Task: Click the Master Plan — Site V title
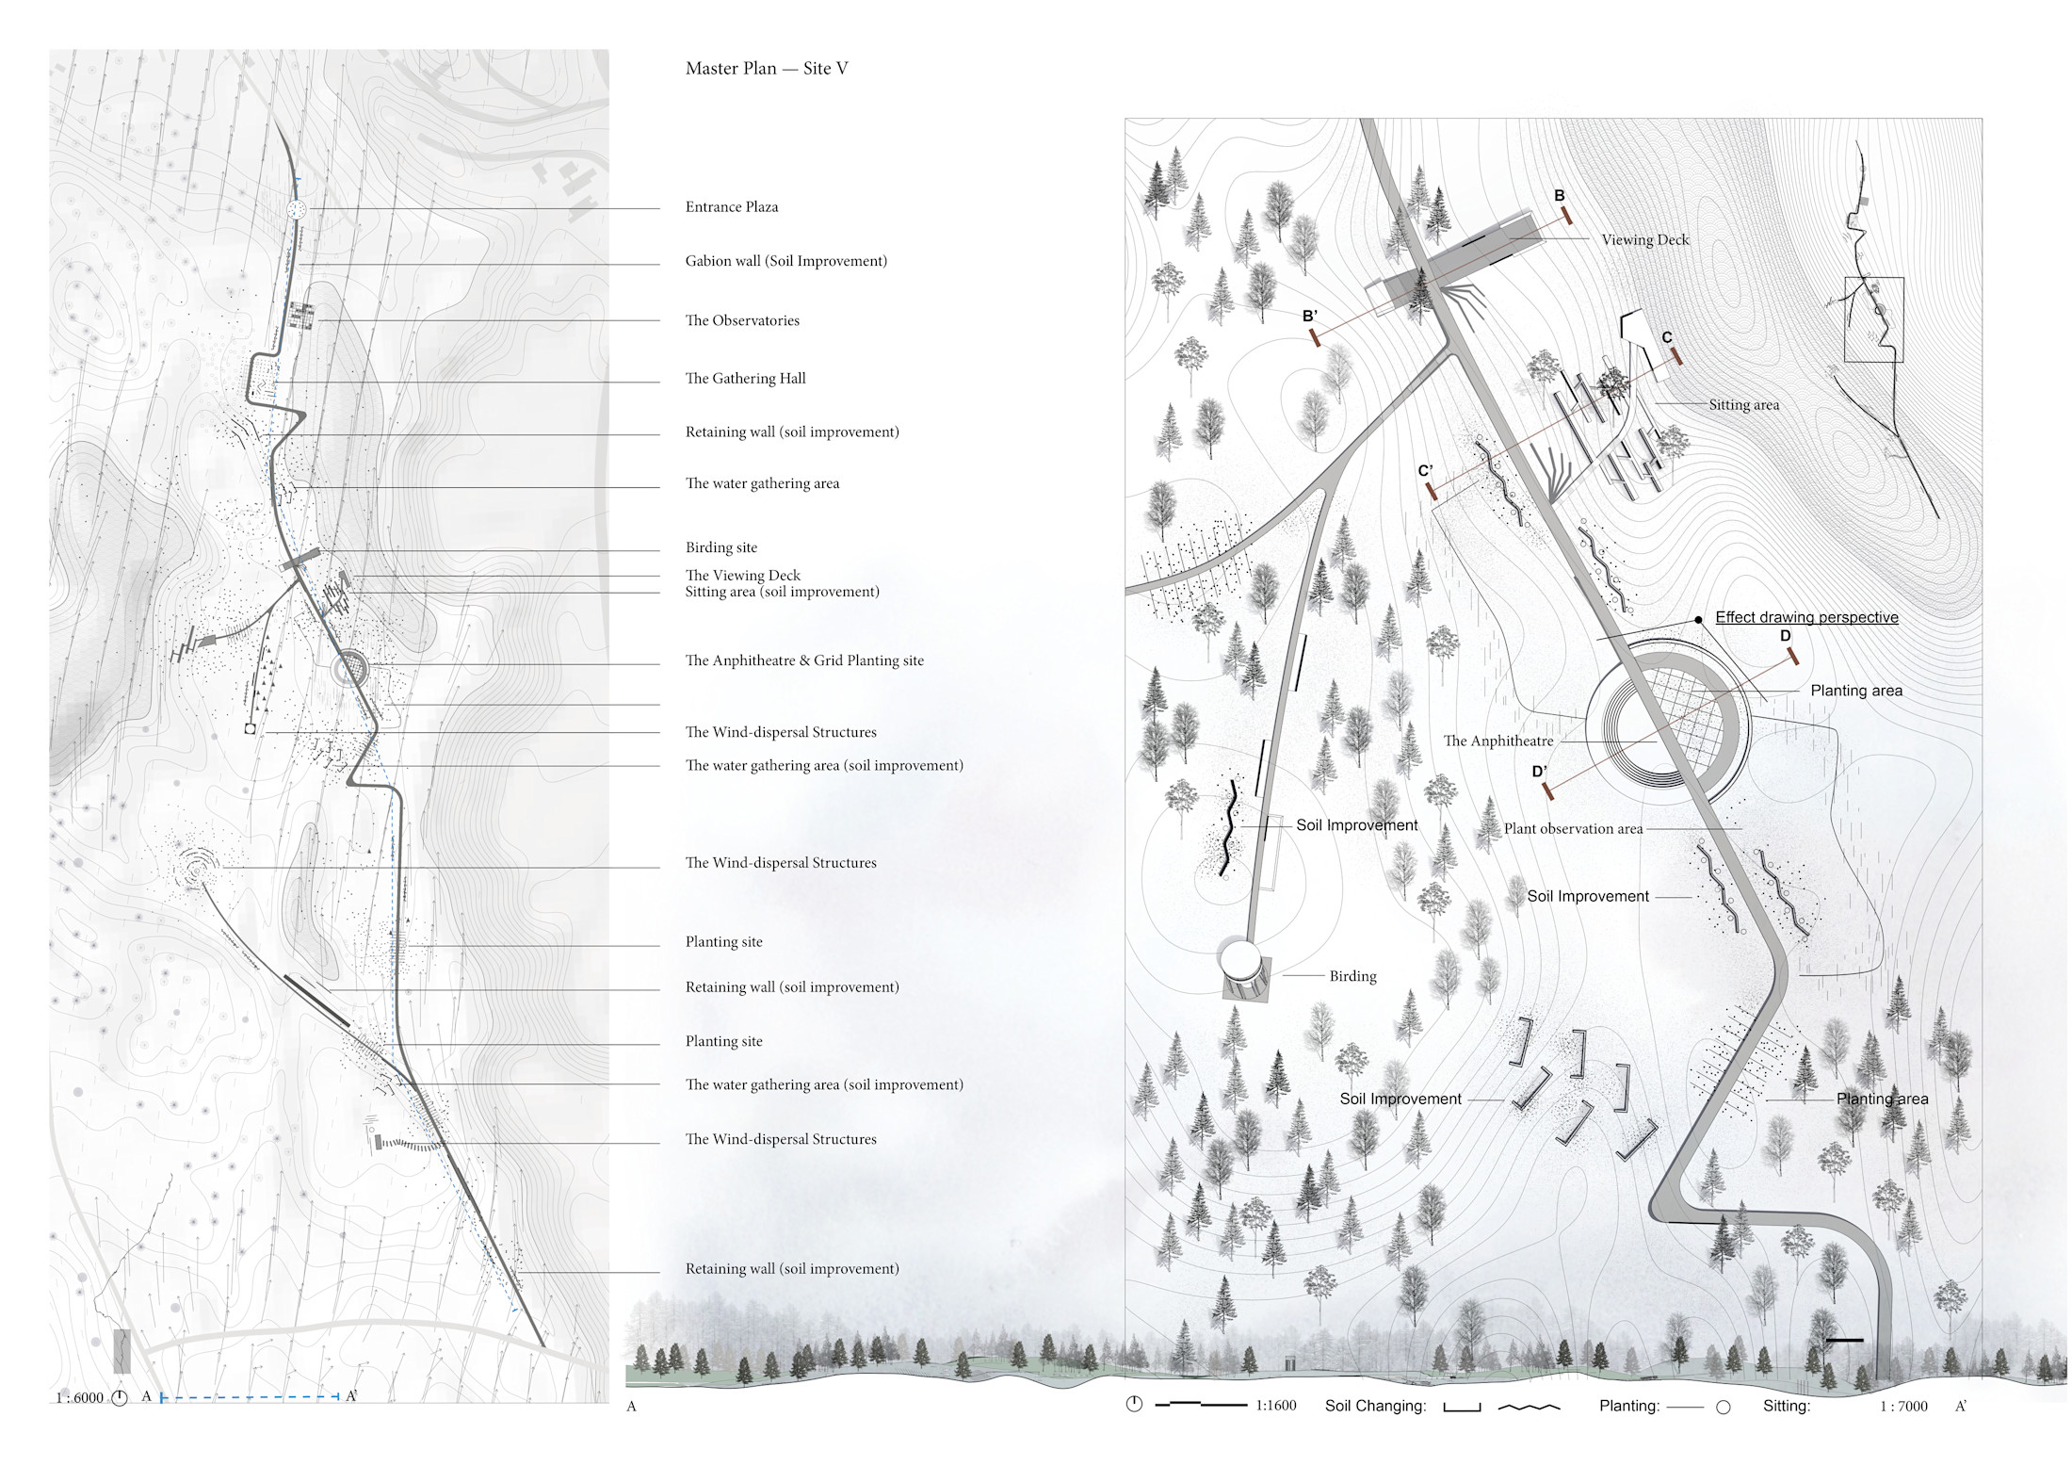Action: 767,69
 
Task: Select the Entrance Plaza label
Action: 732,207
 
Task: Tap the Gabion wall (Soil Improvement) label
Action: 785,261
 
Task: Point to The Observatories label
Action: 742,320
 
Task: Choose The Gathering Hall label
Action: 745,379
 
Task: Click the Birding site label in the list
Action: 720,547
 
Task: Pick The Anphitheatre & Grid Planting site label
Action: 804,660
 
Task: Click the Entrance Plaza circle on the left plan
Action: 297,209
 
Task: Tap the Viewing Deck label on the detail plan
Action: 1644,240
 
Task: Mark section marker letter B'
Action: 1309,317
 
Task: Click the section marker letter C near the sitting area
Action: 1666,337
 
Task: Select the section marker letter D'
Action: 1539,772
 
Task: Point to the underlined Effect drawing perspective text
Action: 1805,618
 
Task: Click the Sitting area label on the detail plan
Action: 1743,405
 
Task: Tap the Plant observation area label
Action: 1573,829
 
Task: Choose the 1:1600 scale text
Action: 1275,1406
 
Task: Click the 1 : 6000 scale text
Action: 80,1398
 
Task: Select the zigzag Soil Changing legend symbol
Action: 1529,1408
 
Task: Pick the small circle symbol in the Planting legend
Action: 1723,1408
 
